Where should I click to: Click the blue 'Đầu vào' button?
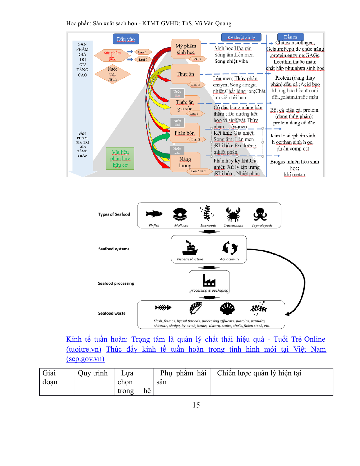coord(126,39)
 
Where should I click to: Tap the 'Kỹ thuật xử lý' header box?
coord(241,37)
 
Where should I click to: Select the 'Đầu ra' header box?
coord(290,37)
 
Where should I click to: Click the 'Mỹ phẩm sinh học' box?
coord(186,49)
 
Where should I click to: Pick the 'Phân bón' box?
coord(185,133)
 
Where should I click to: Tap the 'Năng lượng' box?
coord(185,162)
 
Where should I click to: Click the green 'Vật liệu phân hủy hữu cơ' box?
coord(120,158)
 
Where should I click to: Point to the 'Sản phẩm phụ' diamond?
coord(112,56)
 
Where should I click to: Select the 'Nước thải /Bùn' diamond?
coord(113,74)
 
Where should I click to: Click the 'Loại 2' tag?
coord(143,59)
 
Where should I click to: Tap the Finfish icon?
coord(154,214)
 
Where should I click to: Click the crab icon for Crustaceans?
coord(233,214)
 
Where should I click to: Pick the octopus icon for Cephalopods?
coord(260,214)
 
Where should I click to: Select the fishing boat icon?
coord(190,248)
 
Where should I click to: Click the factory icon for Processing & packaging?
coord(209,280)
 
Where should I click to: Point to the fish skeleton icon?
coord(163,308)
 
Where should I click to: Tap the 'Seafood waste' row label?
coord(112,313)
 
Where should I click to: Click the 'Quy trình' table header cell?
coord(93,373)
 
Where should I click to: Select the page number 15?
coord(196,405)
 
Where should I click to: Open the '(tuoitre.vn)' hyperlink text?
coord(84,349)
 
